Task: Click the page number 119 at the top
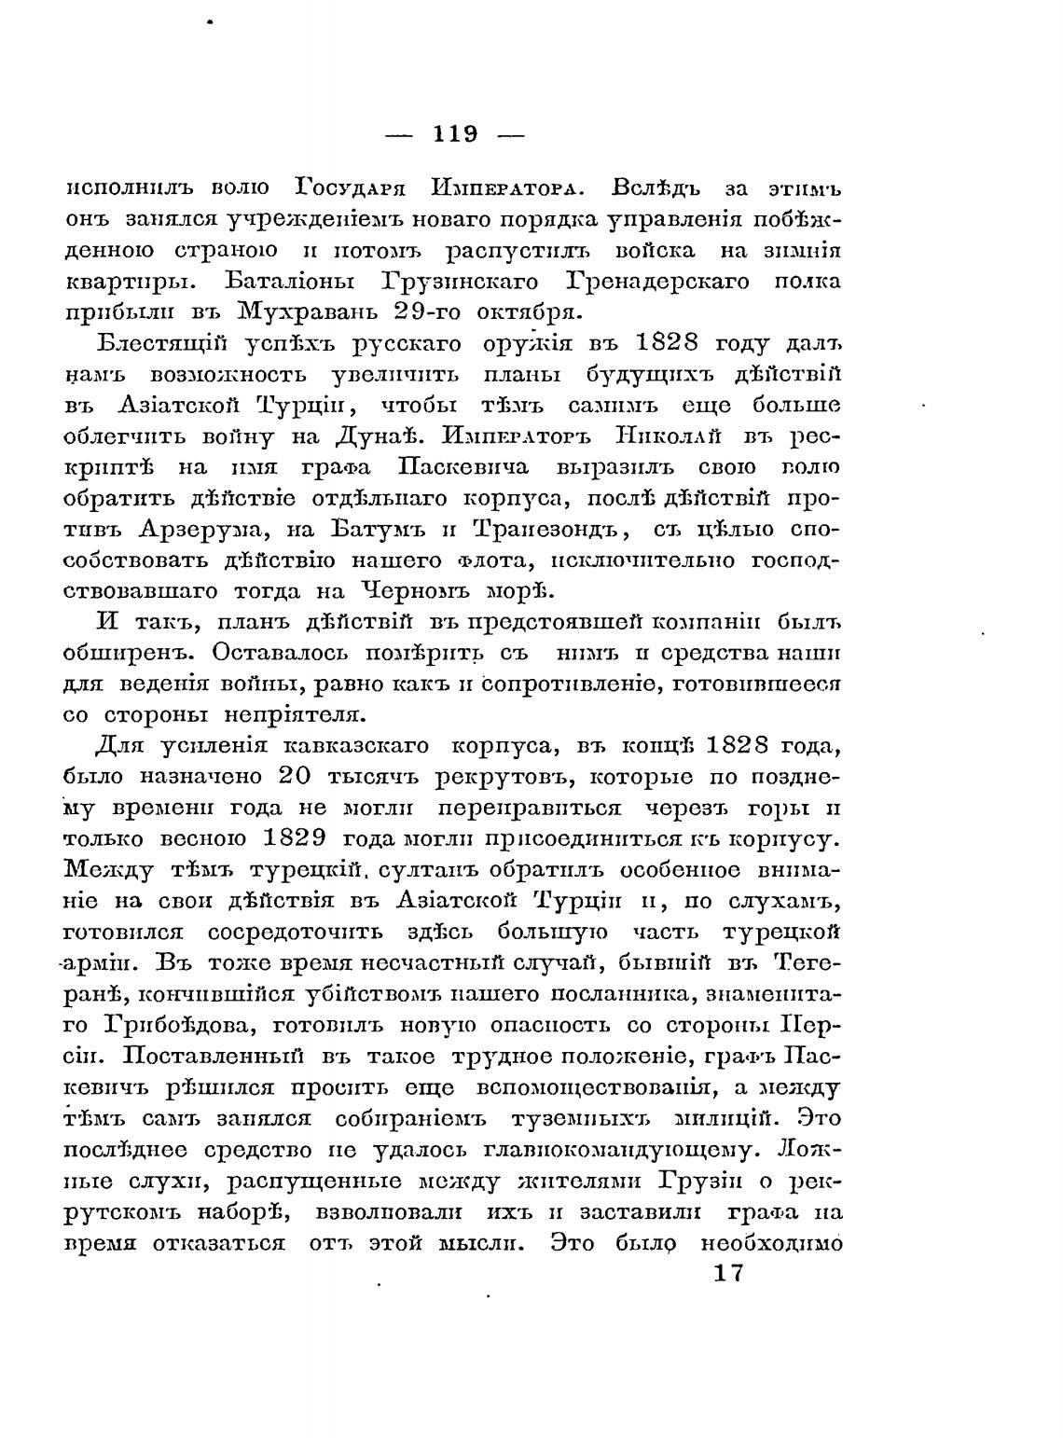pyautogui.click(x=455, y=134)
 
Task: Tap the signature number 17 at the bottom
pyautogui.click(x=726, y=1274)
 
